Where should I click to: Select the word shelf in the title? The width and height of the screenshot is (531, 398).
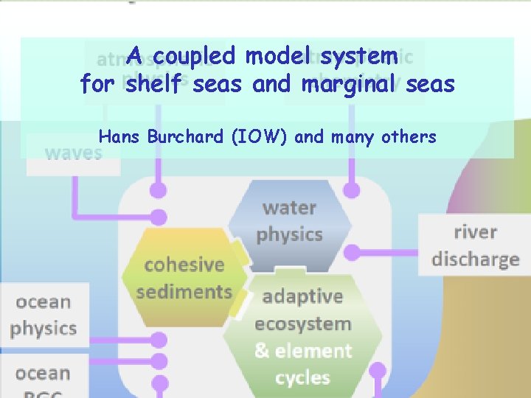(x=156, y=85)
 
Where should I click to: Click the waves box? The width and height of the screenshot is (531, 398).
(x=73, y=153)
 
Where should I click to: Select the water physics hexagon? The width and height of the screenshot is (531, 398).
(x=290, y=220)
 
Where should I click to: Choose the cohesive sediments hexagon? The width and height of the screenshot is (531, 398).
(x=184, y=277)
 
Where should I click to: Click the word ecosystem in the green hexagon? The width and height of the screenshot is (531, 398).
(x=302, y=324)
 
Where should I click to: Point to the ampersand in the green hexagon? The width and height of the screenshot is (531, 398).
(x=262, y=351)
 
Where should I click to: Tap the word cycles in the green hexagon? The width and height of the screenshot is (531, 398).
(x=302, y=378)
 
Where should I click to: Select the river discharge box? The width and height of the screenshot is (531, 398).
(x=474, y=245)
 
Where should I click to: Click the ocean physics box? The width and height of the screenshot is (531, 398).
(x=44, y=315)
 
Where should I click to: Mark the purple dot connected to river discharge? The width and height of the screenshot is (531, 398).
(x=353, y=253)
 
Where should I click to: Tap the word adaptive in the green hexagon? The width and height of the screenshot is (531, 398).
(x=302, y=296)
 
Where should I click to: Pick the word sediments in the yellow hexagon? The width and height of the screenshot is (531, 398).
(x=184, y=292)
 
